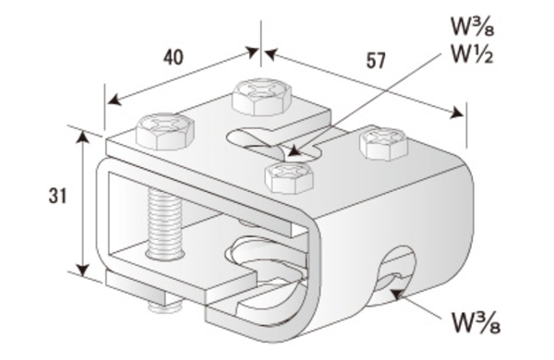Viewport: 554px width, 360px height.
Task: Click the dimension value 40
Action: click(x=174, y=57)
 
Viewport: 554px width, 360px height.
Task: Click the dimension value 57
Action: click(x=375, y=61)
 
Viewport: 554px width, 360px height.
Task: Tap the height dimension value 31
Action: click(x=57, y=196)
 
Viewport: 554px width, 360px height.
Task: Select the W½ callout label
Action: click(x=472, y=54)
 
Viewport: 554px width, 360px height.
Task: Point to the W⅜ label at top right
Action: click(x=473, y=26)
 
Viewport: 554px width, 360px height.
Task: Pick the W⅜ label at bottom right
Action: click(x=476, y=322)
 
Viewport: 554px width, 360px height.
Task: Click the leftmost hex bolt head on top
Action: click(x=165, y=131)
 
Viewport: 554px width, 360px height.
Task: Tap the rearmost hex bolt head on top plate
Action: click(x=262, y=96)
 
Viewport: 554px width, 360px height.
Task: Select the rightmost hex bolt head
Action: click(x=384, y=143)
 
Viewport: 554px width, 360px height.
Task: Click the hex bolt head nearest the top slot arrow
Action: click(x=289, y=178)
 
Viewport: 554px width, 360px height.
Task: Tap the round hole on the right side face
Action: click(x=396, y=274)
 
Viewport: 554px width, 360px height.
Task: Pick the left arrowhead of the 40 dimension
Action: click(x=114, y=100)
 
